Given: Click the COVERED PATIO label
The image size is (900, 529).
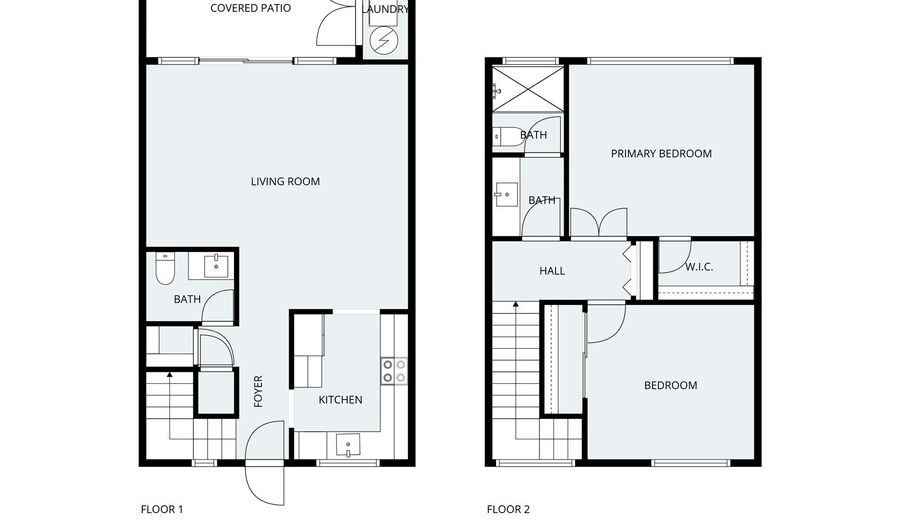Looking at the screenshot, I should point(250,9).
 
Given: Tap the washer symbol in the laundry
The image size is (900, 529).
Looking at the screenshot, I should point(384,40).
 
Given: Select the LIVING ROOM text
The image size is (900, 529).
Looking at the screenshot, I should point(285,182).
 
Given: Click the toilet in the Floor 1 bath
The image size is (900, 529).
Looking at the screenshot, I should point(166,267).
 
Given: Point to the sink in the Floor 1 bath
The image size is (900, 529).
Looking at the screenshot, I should point(217,266).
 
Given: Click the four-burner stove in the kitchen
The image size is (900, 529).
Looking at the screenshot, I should point(394,371).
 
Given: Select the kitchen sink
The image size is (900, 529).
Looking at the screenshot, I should point(349,443).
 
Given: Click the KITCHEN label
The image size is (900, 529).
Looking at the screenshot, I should point(340,400).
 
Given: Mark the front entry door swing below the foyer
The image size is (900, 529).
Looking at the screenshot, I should point(265,465).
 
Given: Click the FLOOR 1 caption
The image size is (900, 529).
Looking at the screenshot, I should point(162,509).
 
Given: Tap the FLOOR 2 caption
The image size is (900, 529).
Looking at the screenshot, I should point(508,509).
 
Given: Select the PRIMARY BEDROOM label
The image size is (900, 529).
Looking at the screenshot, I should point(661,154).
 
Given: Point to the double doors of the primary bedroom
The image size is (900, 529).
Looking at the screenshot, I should point(598,223).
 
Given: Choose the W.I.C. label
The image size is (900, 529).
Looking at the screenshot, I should point(699,267).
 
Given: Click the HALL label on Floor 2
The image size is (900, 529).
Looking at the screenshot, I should point(552,271).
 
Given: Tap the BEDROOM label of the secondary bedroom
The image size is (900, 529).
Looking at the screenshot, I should point(670,385).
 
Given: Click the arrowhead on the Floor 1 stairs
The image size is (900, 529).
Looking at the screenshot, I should point(169,375).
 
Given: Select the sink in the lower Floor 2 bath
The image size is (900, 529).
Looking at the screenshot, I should point(505,195).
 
